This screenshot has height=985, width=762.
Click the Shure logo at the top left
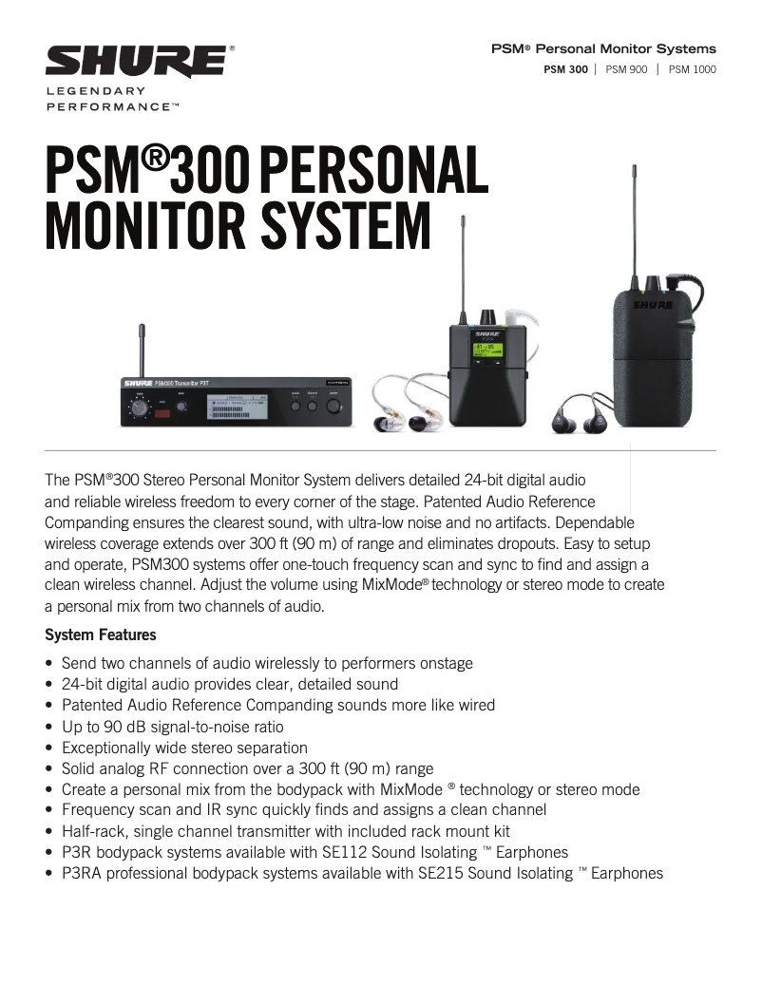[x=136, y=62]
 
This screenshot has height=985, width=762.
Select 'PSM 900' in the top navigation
[x=626, y=69]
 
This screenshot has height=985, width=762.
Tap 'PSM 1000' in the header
[x=693, y=69]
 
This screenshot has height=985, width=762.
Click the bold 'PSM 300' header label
[x=565, y=69]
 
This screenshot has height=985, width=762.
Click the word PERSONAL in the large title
[x=373, y=169]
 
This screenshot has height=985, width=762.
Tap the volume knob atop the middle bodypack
[x=488, y=315]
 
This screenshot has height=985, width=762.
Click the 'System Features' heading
[x=101, y=635]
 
